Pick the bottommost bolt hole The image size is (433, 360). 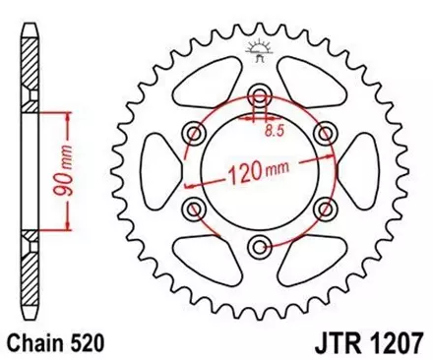(x=259, y=246)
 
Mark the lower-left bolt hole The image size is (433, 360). (x=194, y=209)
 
